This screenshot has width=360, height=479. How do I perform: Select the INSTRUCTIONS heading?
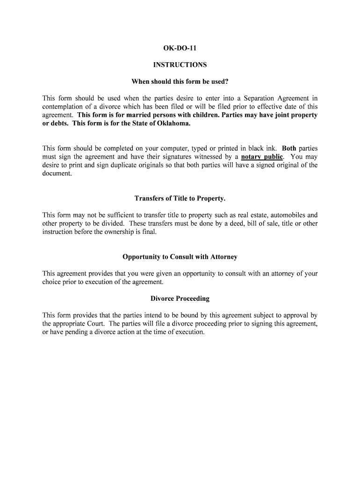(x=180, y=65)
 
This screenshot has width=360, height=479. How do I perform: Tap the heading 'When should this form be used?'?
(x=180, y=82)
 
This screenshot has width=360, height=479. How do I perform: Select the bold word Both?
(x=289, y=148)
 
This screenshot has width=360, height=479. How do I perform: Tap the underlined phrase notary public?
(x=262, y=157)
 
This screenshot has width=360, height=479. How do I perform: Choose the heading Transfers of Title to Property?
(x=180, y=198)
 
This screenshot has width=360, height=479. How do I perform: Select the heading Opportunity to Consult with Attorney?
(x=180, y=257)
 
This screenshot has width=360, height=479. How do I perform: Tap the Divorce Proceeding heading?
(x=180, y=298)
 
